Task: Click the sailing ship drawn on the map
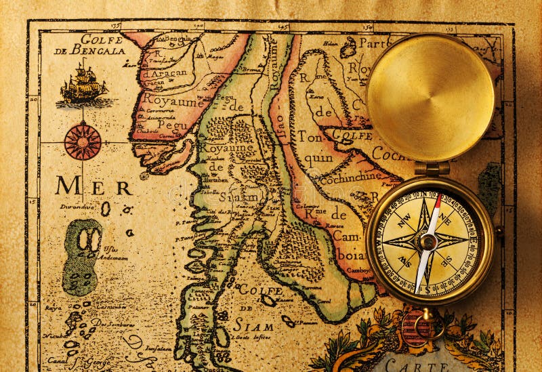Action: point(83,85)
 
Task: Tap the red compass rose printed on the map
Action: point(83,142)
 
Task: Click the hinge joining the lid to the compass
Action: point(432,167)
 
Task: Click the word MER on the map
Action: point(93,186)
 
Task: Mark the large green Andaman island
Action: point(82,256)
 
